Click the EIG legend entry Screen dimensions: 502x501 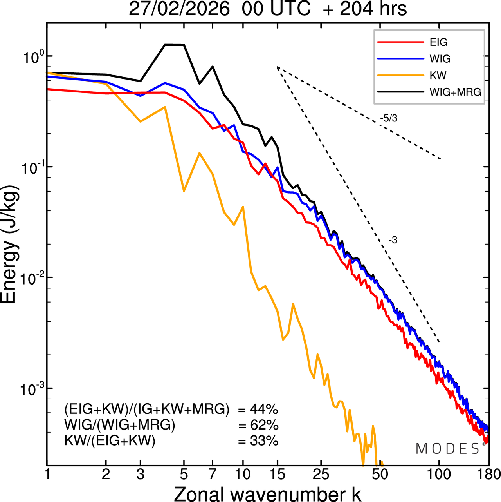(x=438, y=42)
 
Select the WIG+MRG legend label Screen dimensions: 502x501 (x=455, y=92)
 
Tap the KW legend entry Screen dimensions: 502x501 (x=438, y=75)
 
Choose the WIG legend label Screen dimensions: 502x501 (x=440, y=59)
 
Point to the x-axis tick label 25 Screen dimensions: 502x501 (x=321, y=474)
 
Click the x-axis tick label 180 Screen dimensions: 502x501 (x=488, y=474)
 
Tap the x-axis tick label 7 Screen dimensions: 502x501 (x=213, y=474)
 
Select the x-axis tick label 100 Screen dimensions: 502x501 (x=439, y=474)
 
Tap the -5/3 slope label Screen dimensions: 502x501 (x=389, y=118)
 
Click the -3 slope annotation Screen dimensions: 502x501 (x=393, y=240)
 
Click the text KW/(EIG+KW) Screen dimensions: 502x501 (x=110, y=441)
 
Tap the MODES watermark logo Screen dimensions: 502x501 (x=448, y=449)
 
